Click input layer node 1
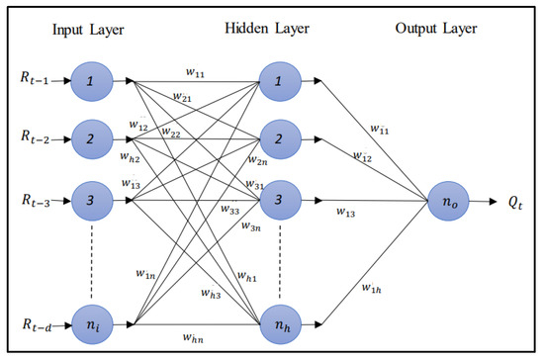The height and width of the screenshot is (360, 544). click(x=92, y=78)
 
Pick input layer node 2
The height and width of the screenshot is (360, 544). click(x=92, y=137)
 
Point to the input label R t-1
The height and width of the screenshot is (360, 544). click(x=38, y=78)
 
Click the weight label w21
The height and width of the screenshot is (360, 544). click(x=182, y=98)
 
